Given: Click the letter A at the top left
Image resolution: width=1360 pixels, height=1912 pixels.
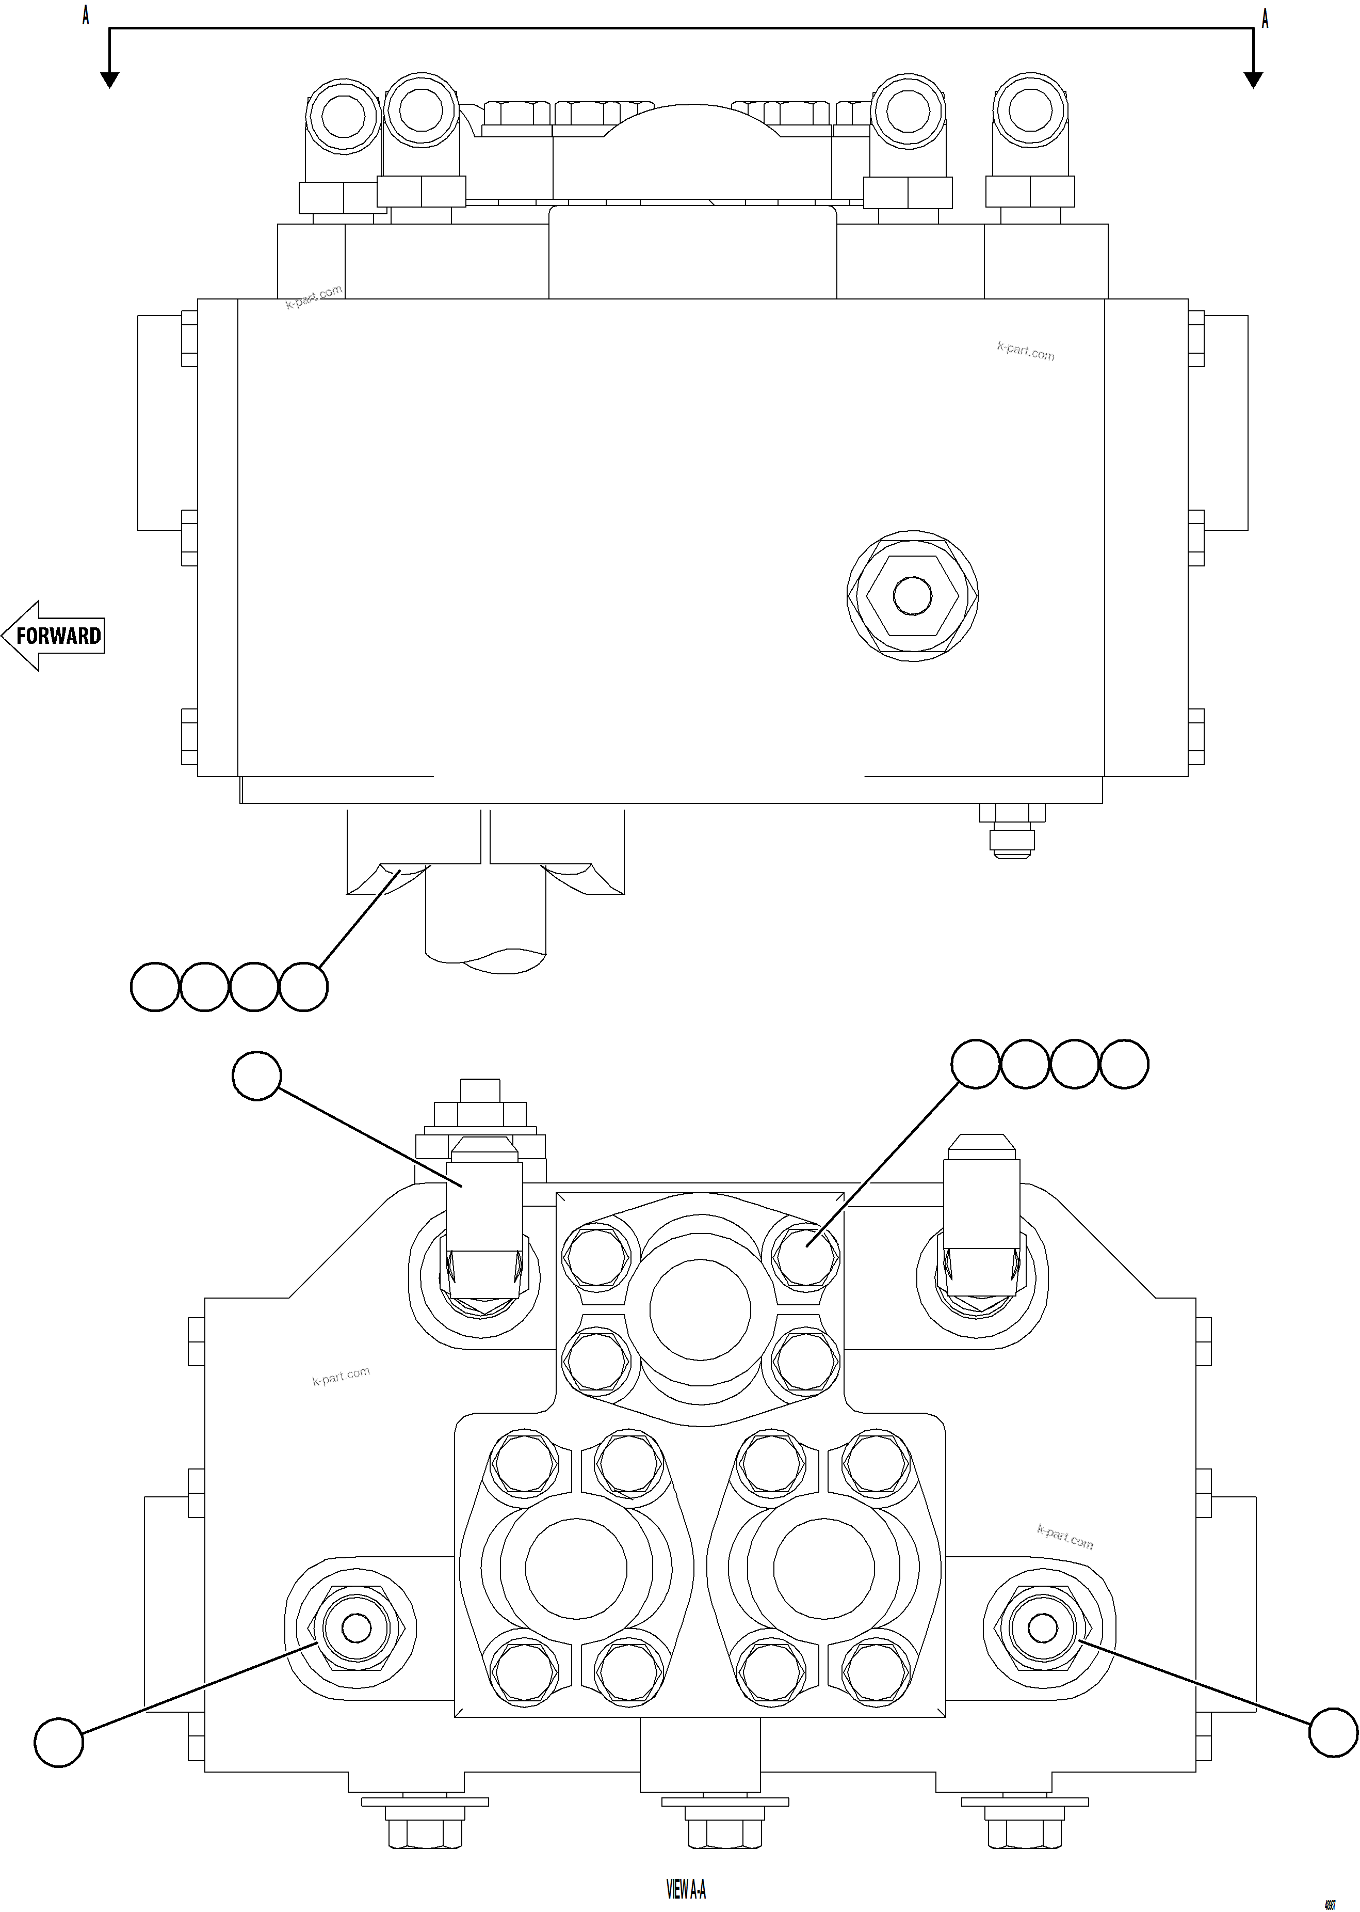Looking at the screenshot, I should tap(86, 15).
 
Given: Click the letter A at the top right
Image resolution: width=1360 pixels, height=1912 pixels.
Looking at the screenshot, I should tap(1265, 19).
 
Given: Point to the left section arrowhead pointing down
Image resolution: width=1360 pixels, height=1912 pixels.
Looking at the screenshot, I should tap(109, 79).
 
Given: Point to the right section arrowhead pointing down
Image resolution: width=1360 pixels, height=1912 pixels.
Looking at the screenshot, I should tap(1253, 79).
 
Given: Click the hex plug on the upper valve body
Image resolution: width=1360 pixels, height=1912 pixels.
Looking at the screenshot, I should tap(912, 596).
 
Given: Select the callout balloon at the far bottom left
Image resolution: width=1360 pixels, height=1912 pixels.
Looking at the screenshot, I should tap(59, 1743).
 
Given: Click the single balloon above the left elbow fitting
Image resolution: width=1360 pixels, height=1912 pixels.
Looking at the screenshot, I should tap(256, 1076).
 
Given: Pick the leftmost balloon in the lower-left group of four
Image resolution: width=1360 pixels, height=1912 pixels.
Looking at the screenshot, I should tap(155, 987).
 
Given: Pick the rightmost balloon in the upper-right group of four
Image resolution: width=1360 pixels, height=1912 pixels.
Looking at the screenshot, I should tap(1124, 1064).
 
